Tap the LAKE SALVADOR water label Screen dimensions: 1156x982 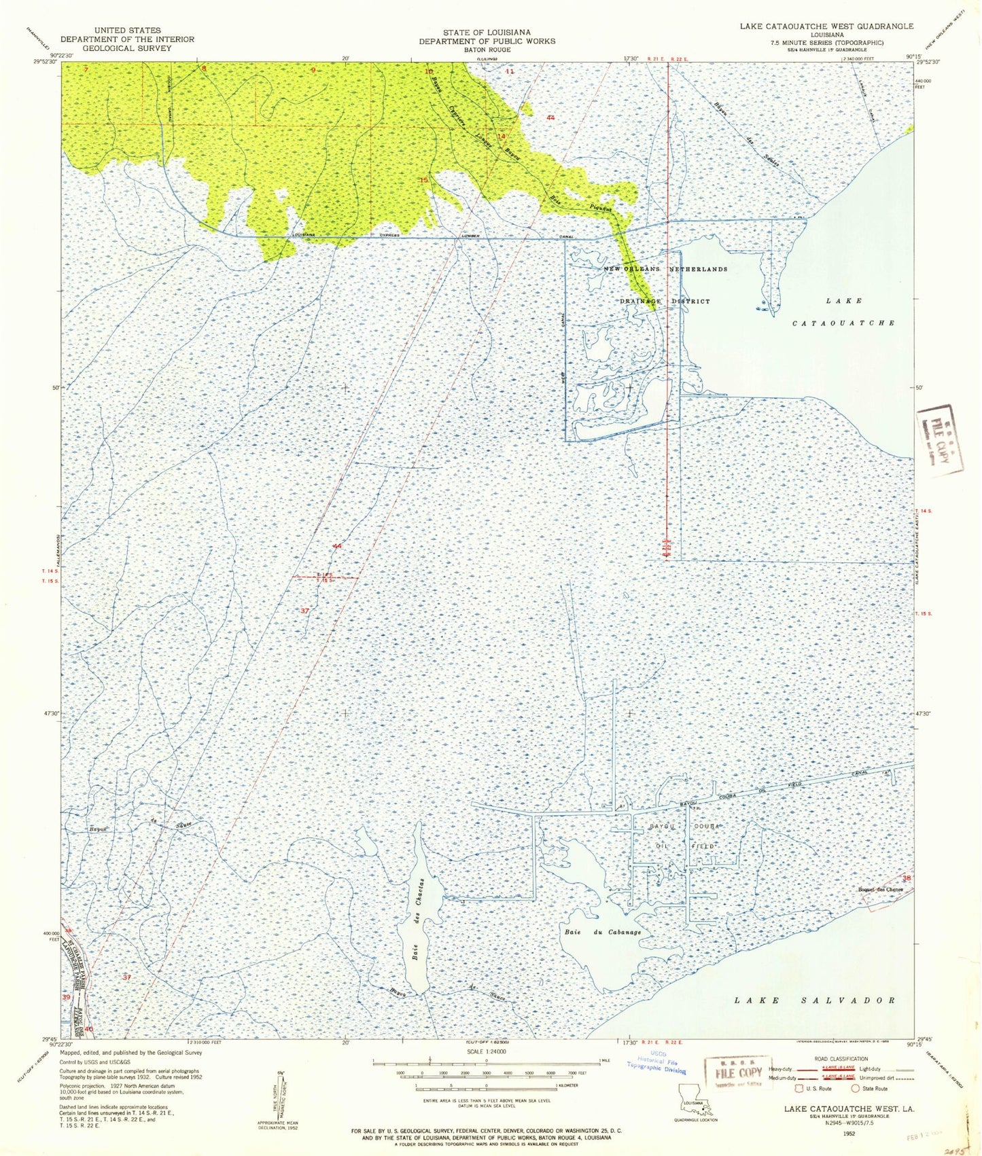click(x=815, y=1000)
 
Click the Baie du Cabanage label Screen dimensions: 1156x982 click(x=602, y=933)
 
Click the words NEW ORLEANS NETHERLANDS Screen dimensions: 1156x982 click(x=665, y=269)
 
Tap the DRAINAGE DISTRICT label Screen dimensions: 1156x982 click(x=665, y=301)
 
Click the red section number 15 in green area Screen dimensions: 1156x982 click(x=424, y=180)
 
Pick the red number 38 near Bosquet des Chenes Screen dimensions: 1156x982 click(x=905, y=878)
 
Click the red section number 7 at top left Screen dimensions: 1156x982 click(x=86, y=69)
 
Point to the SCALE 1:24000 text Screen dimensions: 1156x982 click(x=487, y=1051)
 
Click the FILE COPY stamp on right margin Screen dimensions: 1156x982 click(x=940, y=439)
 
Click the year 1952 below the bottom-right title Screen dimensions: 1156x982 click(x=849, y=1134)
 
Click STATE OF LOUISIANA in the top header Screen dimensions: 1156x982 click(x=486, y=32)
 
